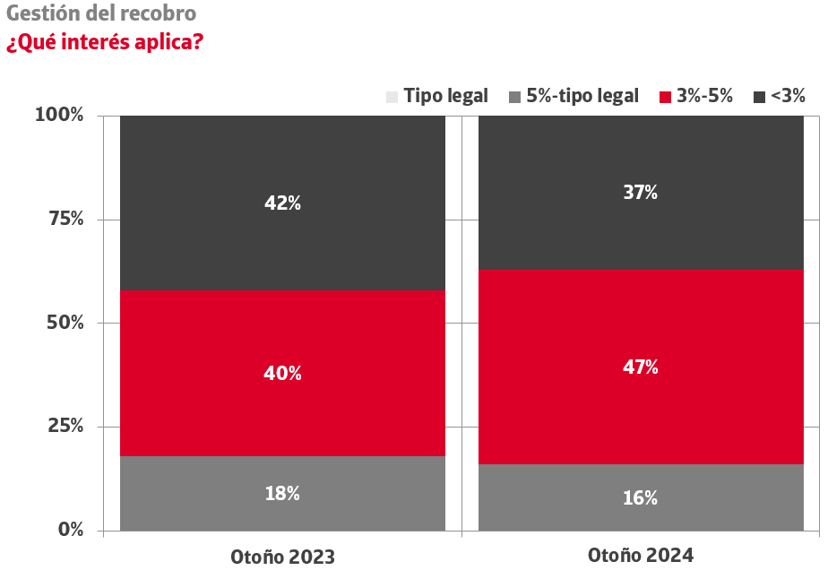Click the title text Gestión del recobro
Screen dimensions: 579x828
pos(101,14)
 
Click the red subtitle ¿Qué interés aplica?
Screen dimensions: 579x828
pos(104,42)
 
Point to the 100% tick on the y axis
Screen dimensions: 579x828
pos(59,115)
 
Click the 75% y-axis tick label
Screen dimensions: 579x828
pos(65,219)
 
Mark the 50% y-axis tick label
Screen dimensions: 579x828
pos(65,322)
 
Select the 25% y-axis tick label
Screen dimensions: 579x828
pos(65,426)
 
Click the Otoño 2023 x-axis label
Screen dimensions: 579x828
pos(282,557)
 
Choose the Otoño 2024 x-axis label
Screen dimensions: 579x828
pos(641,555)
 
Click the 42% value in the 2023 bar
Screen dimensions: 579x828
pos(282,203)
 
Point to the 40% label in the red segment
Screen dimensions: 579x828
pos(282,374)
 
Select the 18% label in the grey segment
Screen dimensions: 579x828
pos(282,493)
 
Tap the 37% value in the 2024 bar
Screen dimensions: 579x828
pos(641,192)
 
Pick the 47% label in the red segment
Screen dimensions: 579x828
pos(641,367)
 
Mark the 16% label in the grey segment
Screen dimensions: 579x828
pos(641,497)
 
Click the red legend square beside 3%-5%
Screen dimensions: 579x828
pos(665,97)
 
